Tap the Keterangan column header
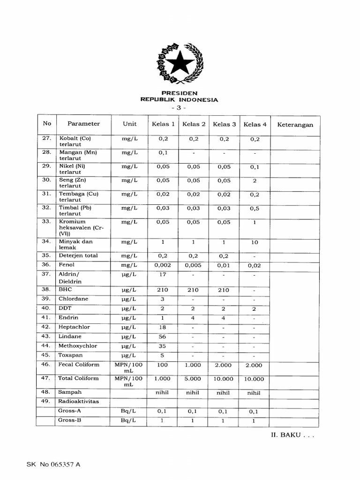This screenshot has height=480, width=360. click(x=295, y=125)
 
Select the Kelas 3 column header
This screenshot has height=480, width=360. click(x=225, y=124)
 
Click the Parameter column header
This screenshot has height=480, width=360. click(x=83, y=124)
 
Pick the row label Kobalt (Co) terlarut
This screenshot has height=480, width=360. click(x=75, y=142)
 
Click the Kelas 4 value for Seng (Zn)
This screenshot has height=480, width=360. click(x=255, y=180)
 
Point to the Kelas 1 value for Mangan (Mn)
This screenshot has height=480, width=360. click(x=163, y=153)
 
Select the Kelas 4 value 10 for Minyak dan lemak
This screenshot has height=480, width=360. click(x=255, y=242)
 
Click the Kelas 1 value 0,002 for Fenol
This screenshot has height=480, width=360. click(x=163, y=265)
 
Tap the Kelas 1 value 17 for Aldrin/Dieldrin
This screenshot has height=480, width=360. click(x=163, y=275)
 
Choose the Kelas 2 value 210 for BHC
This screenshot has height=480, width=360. click(x=194, y=290)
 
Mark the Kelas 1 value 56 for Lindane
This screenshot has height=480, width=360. click(x=163, y=337)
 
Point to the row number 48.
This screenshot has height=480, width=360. click(x=45, y=392)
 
